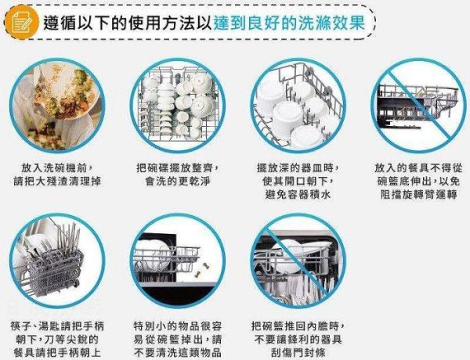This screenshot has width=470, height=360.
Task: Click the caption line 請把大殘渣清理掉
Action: (x=62, y=182)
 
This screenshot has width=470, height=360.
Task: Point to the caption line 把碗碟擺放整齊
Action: (x=177, y=168)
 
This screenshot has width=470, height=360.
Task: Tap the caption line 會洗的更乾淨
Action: (x=177, y=182)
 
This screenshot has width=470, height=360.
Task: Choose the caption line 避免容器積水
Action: (x=293, y=196)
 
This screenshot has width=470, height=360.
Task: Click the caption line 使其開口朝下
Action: (x=293, y=182)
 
